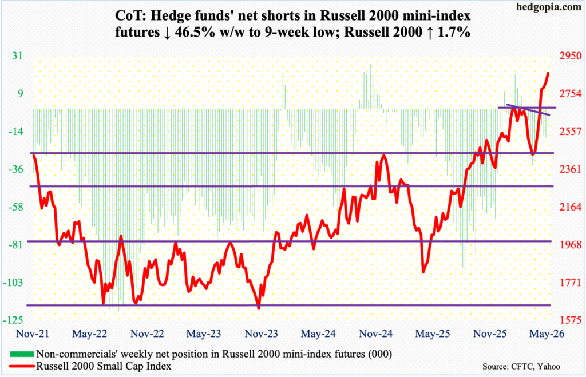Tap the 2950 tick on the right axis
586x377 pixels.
tap(571, 56)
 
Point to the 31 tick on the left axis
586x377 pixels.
tap(17, 56)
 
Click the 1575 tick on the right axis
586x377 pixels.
tap(571, 320)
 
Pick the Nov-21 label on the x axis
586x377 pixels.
tap(33, 334)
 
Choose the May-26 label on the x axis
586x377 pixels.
tap(547, 334)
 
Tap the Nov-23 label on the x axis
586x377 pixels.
tap(261, 334)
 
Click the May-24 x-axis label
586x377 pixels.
tap(318, 334)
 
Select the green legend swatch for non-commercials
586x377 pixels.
tap(22, 354)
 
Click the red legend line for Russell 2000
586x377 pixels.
tap(22, 366)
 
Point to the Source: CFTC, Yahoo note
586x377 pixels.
tap(521, 367)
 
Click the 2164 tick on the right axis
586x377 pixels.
tap(571, 207)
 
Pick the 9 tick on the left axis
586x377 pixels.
tap(19, 93)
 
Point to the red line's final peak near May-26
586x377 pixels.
tap(548, 73)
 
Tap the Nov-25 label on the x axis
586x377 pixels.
tap(490, 334)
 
